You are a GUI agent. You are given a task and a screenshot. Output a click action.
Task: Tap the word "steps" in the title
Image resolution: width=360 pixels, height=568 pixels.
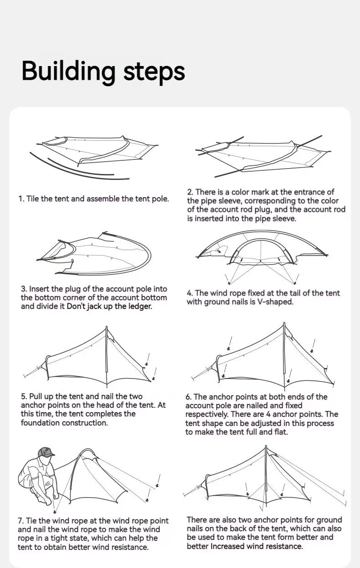pos(154,72)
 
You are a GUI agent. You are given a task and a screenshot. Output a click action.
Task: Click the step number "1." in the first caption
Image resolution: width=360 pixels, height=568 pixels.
pos(21,199)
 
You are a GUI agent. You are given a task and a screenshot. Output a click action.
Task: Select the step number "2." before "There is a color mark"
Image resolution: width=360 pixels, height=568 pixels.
pos(190,192)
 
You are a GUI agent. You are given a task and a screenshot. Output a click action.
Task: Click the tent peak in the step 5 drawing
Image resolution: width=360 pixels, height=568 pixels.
pos(107,327)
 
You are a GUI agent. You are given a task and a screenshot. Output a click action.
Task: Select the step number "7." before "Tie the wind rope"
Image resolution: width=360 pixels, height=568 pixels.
pos(21,521)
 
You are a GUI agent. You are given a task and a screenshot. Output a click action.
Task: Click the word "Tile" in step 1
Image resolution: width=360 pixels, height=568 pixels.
pos(32,199)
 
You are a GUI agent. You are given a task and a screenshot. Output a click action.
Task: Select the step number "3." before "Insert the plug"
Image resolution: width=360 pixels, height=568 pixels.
pos(24,289)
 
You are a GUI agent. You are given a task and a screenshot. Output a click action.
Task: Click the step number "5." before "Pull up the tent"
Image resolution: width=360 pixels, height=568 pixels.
pos(24,396)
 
